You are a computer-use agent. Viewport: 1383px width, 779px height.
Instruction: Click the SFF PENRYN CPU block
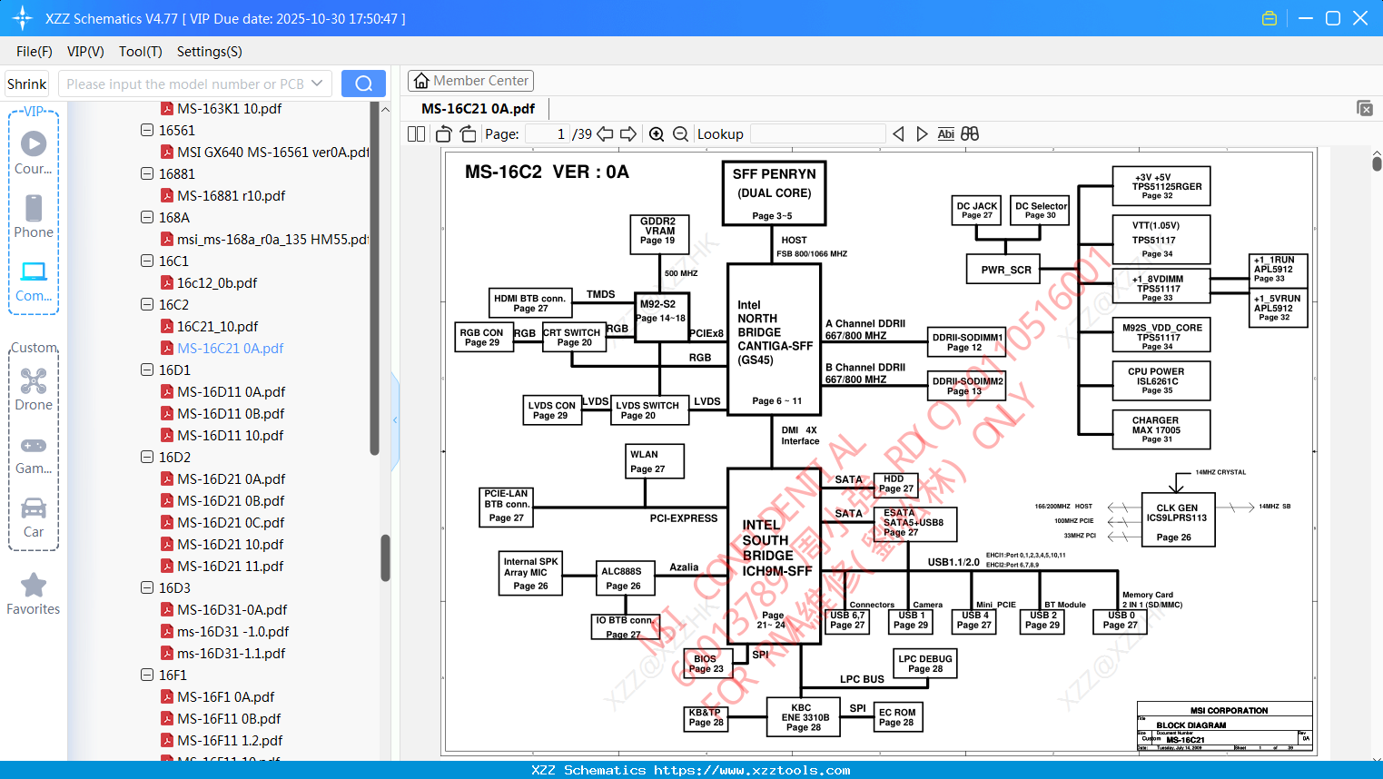click(774, 192)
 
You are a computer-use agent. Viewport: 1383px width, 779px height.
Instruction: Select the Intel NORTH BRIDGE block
click(774, 339)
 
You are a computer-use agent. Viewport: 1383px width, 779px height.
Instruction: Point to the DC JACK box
click(977, 210)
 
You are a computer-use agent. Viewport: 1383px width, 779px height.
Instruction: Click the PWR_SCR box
click(1005, 270)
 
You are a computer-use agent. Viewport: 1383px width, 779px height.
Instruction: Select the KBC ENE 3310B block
click(804, 717)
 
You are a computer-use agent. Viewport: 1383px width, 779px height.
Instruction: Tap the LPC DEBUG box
click(924, 664)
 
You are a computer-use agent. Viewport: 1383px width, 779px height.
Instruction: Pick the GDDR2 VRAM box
click(658, 232)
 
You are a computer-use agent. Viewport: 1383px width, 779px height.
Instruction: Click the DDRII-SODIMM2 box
click(966, 386)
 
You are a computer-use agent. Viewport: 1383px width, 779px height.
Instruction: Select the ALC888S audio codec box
click(622, 578)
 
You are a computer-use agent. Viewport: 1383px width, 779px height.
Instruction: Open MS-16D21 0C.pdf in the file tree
click(231, 522)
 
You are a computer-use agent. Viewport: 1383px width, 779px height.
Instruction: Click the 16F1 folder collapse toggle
click(147, 675)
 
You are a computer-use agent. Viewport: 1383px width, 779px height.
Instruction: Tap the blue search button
click(363, 84)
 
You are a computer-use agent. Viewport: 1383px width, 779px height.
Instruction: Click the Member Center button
click(470, 81)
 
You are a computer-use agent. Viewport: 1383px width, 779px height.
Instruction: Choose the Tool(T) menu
click(140, 52)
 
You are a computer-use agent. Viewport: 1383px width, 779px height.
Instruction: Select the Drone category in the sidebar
click(34, 389)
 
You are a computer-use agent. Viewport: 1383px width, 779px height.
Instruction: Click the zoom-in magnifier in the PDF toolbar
click(656, 134)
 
